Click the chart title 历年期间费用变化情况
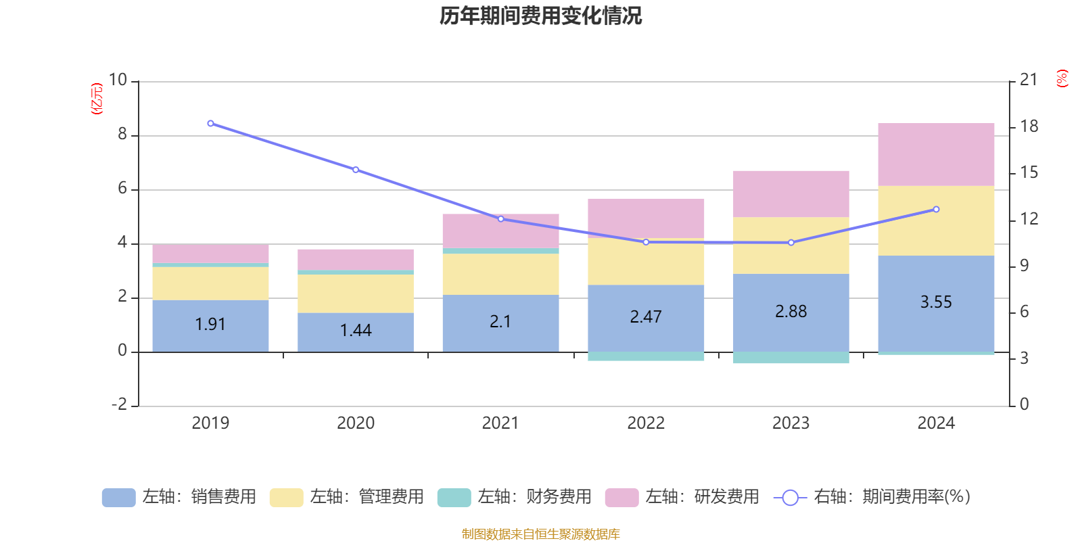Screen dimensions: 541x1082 point(540,16)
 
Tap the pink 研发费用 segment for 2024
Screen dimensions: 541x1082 point(936,154)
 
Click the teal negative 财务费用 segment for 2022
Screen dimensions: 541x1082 point(646,356)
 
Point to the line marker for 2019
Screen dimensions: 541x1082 point(210,124)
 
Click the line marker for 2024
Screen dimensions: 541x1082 point(936,209)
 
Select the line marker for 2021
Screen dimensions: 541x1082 point(500,219)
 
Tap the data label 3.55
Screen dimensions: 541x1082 point(936,302)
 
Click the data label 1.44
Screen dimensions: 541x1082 point(356,331)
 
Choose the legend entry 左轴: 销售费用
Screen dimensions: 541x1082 point(179,497)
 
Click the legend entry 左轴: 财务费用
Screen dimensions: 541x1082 point(515,497)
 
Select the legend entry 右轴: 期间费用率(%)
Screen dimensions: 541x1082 point(872,497)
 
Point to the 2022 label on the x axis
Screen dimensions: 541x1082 point(646,423)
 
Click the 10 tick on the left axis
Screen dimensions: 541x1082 point(118,80)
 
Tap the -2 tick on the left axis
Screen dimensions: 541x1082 point(119,404)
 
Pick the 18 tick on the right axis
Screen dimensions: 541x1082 point(1029,126)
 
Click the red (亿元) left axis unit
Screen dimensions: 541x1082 point(97,99)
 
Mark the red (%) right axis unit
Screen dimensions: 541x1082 point(1062,78)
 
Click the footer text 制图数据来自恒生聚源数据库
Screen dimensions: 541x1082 point(540,534)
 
